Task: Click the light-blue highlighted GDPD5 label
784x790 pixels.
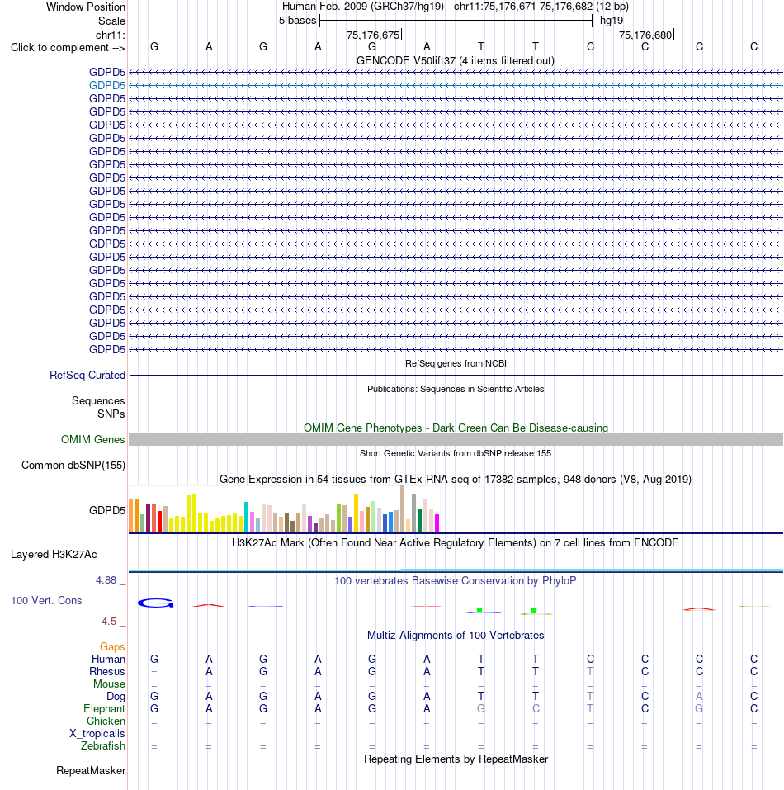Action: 106,86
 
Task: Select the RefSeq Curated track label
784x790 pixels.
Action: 87,376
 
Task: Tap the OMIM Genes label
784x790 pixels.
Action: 92,440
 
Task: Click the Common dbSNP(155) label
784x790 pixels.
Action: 73,465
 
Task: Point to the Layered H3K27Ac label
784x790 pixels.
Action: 54,555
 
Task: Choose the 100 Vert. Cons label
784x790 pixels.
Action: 46,601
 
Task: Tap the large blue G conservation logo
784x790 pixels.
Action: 156,603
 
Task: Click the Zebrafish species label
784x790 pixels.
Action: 102,746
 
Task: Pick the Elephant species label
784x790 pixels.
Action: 104,709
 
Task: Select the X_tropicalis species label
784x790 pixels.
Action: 97,734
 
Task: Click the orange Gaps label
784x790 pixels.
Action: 112,647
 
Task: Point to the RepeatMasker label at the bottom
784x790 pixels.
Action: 91,771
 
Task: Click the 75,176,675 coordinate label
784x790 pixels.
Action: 373,35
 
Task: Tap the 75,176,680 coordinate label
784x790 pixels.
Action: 645,35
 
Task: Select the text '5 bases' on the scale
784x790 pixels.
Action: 298,21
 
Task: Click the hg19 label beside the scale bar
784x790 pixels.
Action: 612,21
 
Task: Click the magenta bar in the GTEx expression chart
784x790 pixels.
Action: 437,523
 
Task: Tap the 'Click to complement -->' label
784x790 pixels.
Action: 68,48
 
